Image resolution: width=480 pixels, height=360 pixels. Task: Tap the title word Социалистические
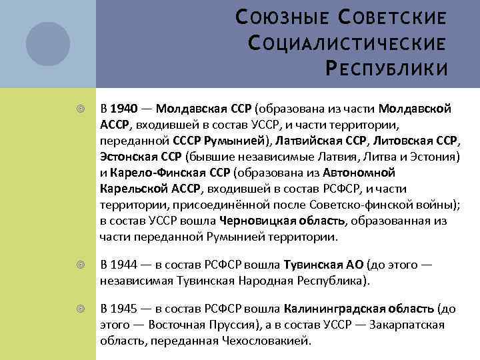click(346, 43)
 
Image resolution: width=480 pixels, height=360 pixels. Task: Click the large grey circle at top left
click(48, 43)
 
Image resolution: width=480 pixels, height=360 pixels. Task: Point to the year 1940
click(123, 108)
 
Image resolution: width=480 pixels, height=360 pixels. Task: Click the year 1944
click(123, 265)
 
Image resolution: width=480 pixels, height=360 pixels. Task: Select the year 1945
click(123, 309)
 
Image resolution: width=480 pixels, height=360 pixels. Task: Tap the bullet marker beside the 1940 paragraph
click(81, 108)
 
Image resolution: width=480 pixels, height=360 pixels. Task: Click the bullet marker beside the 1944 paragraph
click(81, 265)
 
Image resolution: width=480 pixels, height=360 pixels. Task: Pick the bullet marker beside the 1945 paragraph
click(81, 310)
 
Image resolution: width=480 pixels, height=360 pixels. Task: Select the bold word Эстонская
click(129, 157)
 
